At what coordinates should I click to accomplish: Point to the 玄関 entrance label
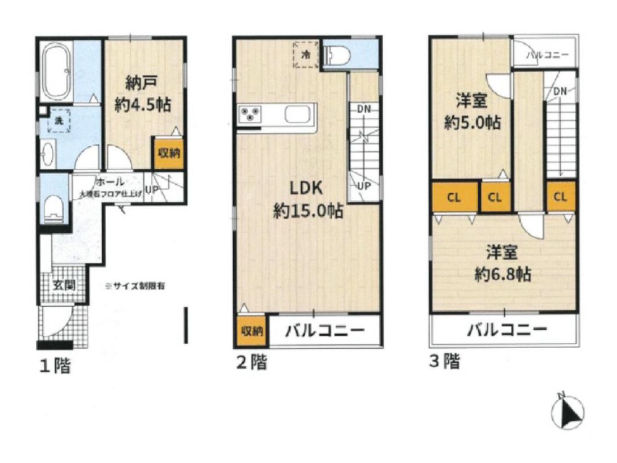pos(62,285)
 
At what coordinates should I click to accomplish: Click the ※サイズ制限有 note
pos(135,286)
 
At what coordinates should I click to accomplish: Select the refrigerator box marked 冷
pos(306,55)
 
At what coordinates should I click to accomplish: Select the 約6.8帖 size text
pos(503,273)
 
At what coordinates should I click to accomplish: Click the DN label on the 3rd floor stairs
pos(560,92)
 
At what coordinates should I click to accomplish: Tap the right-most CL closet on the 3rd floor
pos(560,198)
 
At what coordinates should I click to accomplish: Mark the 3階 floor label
pos(444,361)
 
